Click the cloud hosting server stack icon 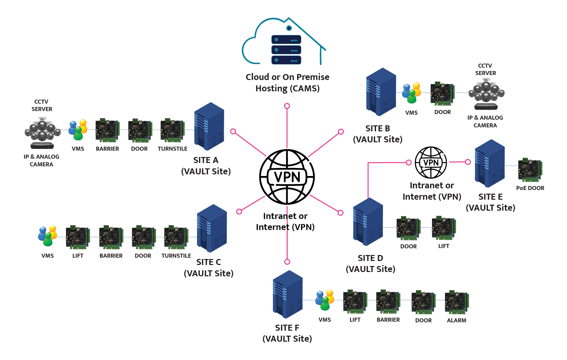point(286,50)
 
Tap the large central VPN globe point(287,177)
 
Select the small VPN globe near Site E point(431,162)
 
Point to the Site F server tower point(288,294)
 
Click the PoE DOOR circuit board point(530,170)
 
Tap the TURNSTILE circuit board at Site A point(172,130)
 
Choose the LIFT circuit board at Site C point(78,238)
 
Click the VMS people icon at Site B point(411,93)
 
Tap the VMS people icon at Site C point(47,236)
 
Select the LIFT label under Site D point(444,246)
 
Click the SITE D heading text point(370,258)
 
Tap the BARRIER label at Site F point(388,320)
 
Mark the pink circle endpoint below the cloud point(287,106)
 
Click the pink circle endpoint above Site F point(287,262)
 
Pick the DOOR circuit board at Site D point(408,229)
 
